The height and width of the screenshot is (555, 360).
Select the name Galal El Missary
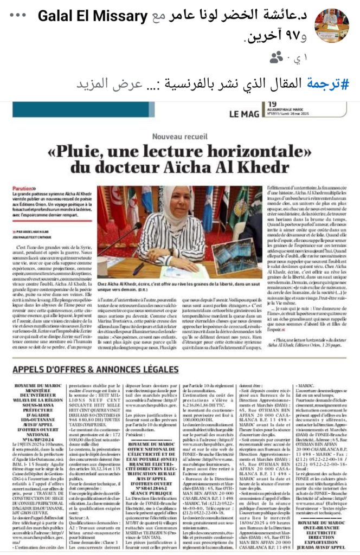92,18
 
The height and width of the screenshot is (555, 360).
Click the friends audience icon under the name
277,57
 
